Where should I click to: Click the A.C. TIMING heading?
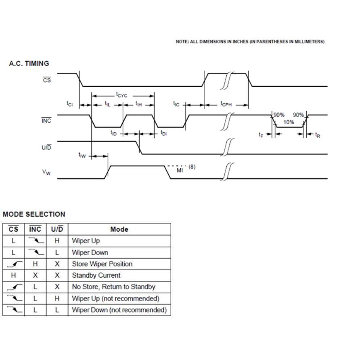pyautogui.click(x=29, y=63)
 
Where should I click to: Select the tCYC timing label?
pyautogui.click(x=121, y=95)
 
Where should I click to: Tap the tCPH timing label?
pyautogui.click(x=226, y=104)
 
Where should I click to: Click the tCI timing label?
pyautogui.click(x=70, y=104)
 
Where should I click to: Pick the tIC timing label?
pyautogui.click(x=176, y=104)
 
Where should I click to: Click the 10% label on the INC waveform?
pyautogui.click(x=289, y=122)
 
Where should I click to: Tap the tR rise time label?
pyautogui.click(x=318, y=135)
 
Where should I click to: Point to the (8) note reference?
pyautogui.click(x=192, y=166)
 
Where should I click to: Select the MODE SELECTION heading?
pyautogui.click(x=34, y=214)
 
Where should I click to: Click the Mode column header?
pyautogui.click(x=119, y=229)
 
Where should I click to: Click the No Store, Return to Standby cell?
pyautogui.click(x=113, y=287)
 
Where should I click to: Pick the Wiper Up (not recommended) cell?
pyautogui.click(x=115, y=299)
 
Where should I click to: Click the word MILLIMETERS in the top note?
pyautogui.click(x=309, y=42)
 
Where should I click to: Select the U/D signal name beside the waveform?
pyautogui.click(x=46, y=147)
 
